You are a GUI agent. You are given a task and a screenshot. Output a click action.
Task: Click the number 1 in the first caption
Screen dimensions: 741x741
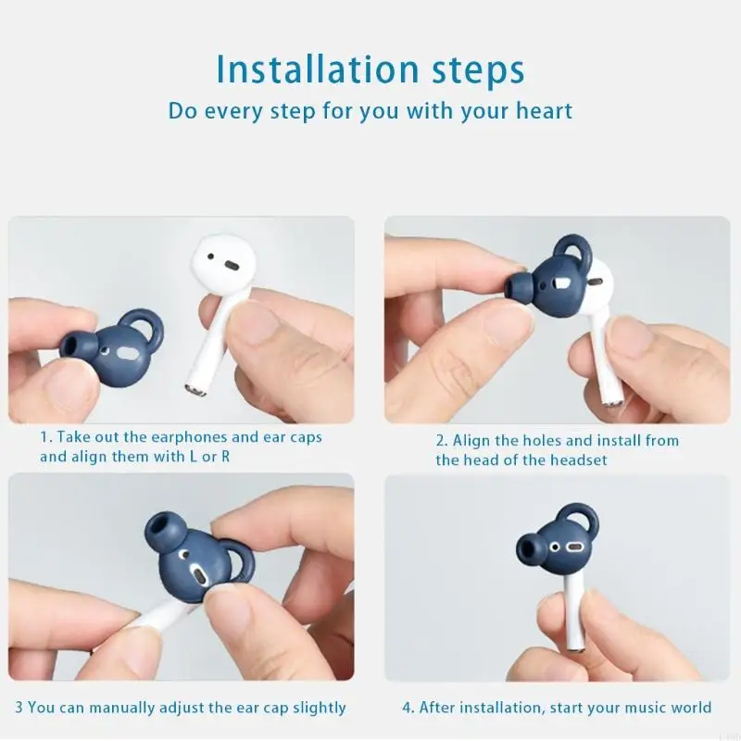point(43,437)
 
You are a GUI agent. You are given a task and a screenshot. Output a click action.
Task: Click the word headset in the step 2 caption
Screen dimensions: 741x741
point(578,460)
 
